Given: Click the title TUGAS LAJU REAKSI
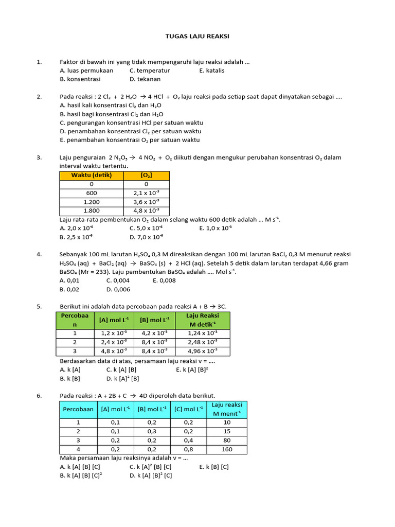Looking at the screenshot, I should pos(197,37).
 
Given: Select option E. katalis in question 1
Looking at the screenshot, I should pos(212,71).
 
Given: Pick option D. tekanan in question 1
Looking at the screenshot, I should pos(145,79).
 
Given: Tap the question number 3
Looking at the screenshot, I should pos(39,157).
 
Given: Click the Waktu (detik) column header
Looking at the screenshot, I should pos(92,175).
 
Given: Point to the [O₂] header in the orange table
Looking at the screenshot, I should pos(146,175).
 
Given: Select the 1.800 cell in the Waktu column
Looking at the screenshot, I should pos(92,210).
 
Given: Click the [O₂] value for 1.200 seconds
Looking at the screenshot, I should pos(146,202).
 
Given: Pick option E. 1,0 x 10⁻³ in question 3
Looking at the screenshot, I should pos(216,228).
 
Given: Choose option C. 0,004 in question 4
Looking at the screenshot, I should pos(118,280).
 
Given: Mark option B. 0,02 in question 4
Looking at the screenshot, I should pos(70,289).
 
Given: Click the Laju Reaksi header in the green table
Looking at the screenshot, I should pos(202,320).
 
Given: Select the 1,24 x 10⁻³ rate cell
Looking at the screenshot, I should pos(202,333).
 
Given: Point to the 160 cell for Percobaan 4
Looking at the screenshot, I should pos(227,449).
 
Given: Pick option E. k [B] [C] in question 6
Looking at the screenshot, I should pos(214,467).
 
